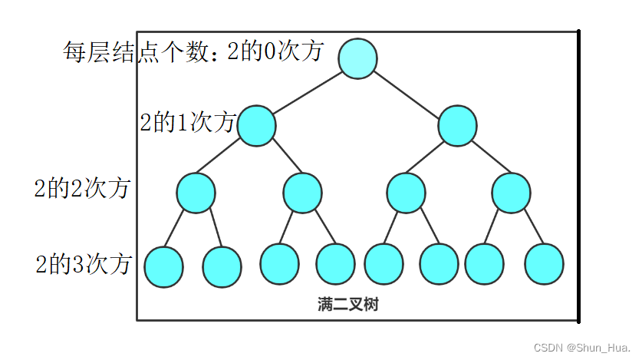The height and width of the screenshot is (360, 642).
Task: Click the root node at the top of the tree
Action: (357, 58)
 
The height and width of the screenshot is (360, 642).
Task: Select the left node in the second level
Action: (256, 126)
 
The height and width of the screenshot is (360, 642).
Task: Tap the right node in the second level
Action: (458, 126)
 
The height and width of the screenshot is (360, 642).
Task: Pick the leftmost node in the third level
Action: (196, 193)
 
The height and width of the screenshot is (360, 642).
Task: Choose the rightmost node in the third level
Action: (512, 193)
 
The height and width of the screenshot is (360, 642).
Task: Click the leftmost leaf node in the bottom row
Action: (163, 266)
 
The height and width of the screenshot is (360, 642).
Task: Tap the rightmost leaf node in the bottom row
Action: (545, 263)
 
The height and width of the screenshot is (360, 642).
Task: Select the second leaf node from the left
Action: (222, 266)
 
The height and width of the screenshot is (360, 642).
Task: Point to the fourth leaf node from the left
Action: (336, 263)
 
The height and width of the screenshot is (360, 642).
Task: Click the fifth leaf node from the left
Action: (384, 263)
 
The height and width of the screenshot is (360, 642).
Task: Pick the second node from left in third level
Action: (302, 193)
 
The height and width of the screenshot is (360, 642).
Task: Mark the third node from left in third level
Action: (406, 193)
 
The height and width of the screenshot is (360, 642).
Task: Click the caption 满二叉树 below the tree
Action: (347, 305)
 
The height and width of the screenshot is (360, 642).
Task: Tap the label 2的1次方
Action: (187, 122)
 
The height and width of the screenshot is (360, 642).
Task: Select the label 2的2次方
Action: (81, 189)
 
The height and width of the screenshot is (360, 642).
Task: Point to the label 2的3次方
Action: (83, 265)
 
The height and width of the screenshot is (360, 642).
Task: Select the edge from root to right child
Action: (409, 93)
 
